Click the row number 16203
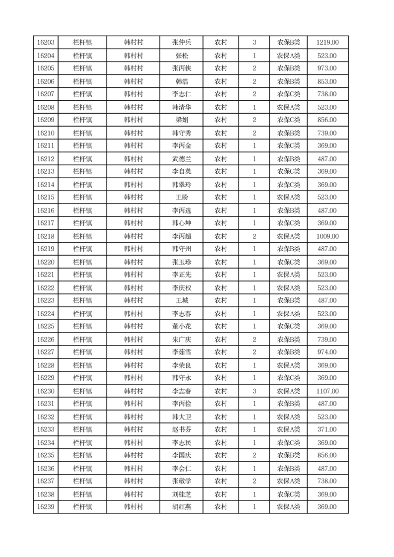point(46,43)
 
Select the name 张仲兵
point(182,43)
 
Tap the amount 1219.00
point(328,43)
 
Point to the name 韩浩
point(182,81)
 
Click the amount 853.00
point(328,81)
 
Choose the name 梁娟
point(182,120)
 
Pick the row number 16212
point(46,159)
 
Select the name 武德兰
point(182,159)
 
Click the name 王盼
point(182,198)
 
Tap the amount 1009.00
point(328,236)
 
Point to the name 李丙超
point(182,236)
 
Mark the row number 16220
point(46,262)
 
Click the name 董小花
point(182,326)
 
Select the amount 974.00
point(328,352)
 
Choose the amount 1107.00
point(328,391)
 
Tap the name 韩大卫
point(182,417)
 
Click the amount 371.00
point(328,429)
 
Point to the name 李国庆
point(182,455)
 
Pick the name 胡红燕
point(182,507)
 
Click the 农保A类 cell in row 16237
point(288,481)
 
